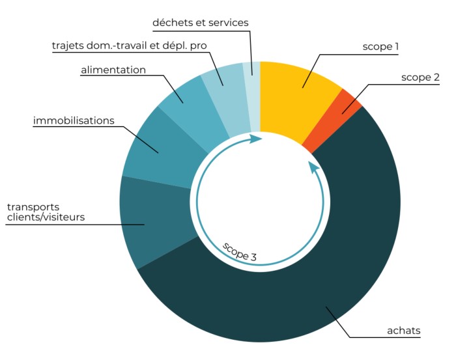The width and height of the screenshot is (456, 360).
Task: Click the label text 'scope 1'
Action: click(380, 47)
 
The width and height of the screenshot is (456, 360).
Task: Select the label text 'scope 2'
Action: click(420, 77)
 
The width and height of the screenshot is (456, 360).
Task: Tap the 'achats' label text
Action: click(403, 331)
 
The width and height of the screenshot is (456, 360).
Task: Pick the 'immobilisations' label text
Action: click(74, 121)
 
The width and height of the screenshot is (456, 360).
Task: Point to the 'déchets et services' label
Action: click(200, 23)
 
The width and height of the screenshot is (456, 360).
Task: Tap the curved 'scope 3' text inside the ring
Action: click(239, 251)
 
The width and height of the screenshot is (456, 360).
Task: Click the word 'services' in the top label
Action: click(227, 23)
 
